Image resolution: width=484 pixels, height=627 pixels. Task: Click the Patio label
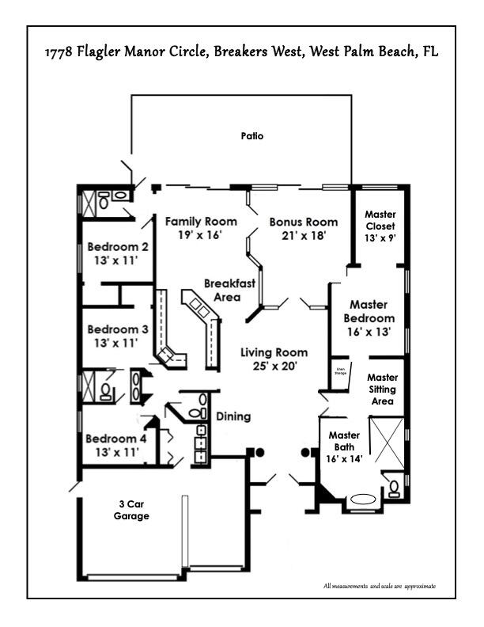click(x=251, y=136)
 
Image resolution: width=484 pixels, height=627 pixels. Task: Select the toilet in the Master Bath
click(x=393, y=485)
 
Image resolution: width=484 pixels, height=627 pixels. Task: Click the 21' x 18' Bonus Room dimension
click(x=303, y=235)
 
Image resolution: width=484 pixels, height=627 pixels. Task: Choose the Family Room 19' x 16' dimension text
click(x=201, y=235)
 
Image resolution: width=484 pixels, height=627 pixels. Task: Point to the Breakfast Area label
click(x=229, y=289)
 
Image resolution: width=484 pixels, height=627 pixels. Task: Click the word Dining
click(x=233, y=416)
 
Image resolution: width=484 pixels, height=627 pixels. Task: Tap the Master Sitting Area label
click(x=382, y=389)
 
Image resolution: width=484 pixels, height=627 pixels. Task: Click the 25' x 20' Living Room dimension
click(x=274, y=366)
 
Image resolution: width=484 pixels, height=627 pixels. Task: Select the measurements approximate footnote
click(x=379, y=587)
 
